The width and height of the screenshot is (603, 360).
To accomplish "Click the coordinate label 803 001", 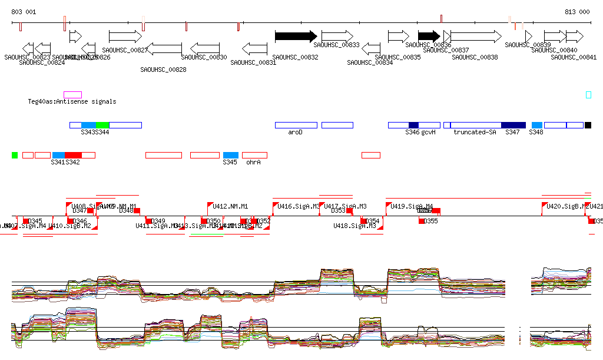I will [24, 12].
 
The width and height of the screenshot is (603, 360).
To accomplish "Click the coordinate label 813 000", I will [577, 12].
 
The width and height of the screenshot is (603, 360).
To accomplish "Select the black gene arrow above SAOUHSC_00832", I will [296, 36].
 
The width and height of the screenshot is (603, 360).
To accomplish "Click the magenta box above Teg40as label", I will [72, 94].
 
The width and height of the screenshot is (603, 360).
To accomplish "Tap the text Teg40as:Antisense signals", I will [72, 101].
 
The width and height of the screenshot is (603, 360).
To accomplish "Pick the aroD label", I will [295, 132].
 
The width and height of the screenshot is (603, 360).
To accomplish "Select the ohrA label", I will [253, 161].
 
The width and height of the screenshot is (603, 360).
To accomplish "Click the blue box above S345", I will [231, 155].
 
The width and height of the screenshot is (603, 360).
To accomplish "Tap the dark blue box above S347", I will [513, 125].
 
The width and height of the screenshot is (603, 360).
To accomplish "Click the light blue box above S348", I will [536, 125].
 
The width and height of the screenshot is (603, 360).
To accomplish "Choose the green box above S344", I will [102, 125].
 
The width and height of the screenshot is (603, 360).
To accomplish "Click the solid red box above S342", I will [73, 155].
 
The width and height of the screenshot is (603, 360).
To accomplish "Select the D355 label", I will [431, 221].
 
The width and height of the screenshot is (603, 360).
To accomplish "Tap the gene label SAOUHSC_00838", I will [475, 57].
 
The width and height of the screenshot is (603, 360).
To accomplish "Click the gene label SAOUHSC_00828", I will [163, 70].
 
